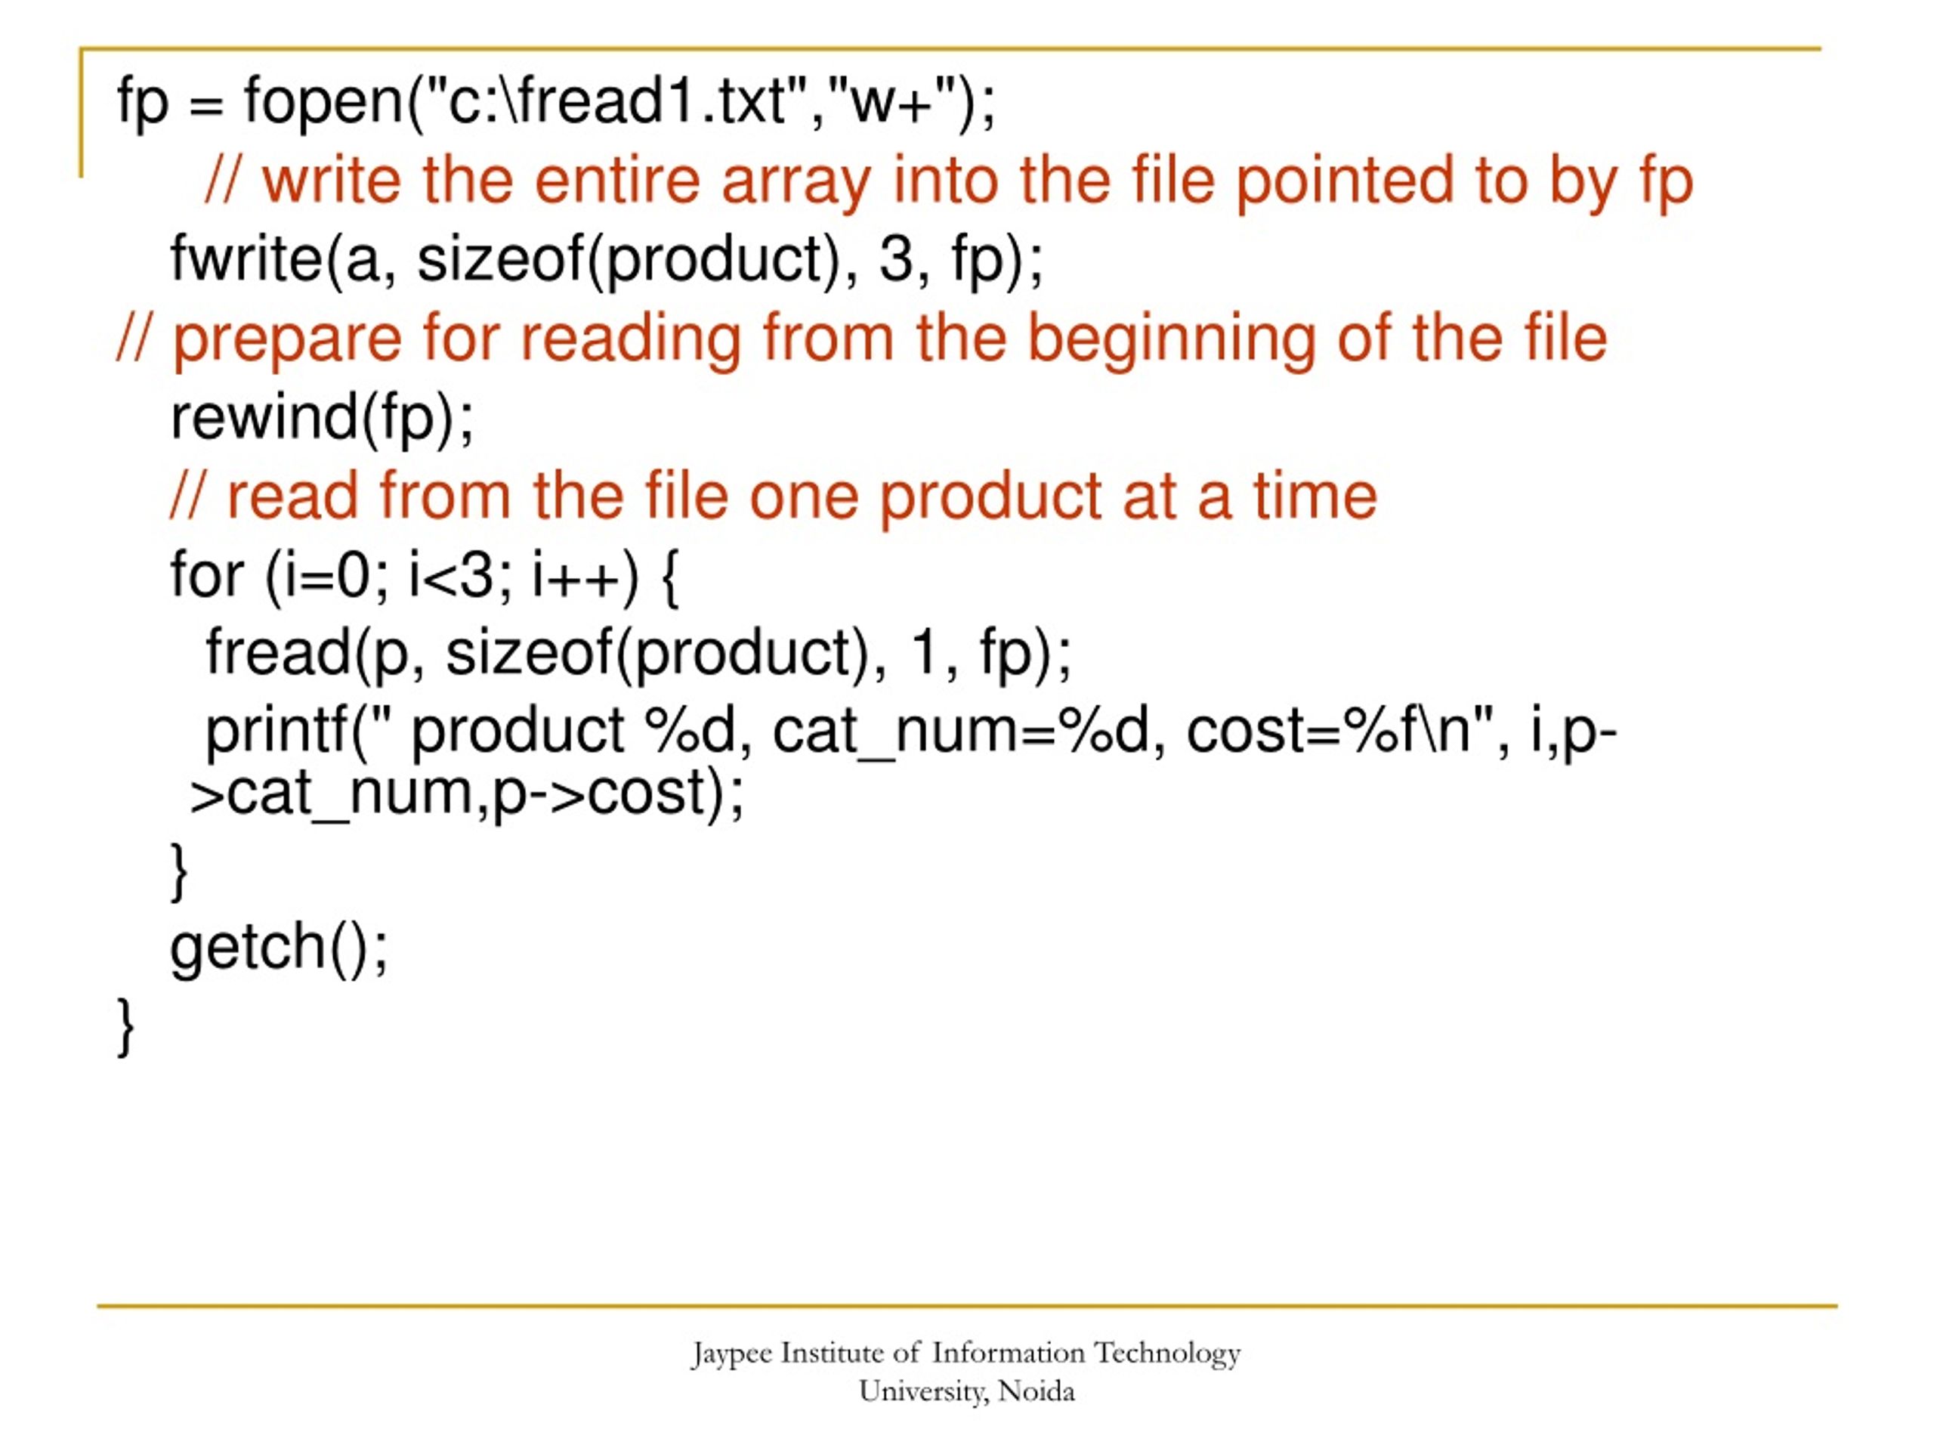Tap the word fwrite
coord(246,260)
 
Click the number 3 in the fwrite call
coord(895,260)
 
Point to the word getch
coord(248,946)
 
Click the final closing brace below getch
coord(125,1027)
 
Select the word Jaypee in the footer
coord(731,1353)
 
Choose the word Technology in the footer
coord(1167,1353)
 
